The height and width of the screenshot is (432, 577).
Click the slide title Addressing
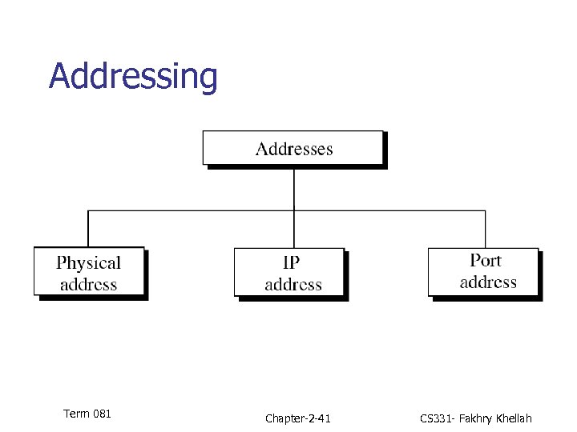[133, 77]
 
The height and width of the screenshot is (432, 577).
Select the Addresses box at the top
[293, 148]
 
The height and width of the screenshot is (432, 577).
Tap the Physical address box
[89, 272]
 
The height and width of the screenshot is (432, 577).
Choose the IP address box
[289, 273]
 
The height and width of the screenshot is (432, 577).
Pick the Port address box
[483, 271]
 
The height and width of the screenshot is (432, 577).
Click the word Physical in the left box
[89, 262]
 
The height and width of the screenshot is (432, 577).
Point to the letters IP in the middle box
[292, 263]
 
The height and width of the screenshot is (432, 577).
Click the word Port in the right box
[486, 261]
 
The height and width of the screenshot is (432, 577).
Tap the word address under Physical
[89, 285]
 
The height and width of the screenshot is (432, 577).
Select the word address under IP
[293, 285]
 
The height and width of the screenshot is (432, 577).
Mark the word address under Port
[488, 282]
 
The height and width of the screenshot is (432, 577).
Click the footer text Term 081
[87, 414]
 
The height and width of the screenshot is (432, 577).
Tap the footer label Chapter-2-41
[297, 418]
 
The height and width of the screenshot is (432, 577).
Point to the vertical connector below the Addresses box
[294, 188]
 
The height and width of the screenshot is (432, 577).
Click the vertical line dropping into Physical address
[88, 229]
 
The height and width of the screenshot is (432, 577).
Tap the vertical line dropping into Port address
[485, 229]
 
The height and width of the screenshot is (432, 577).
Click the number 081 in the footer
[102, 414]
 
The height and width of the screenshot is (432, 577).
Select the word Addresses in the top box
[294, 149]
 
